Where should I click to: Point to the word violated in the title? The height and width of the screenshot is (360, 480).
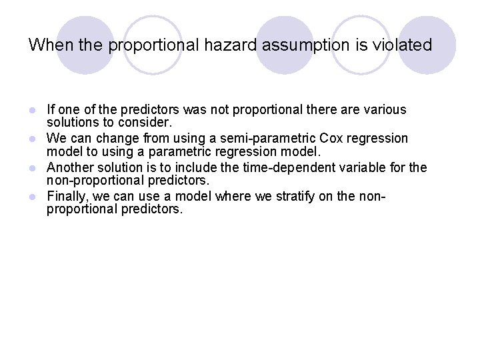click(x=403, y=45)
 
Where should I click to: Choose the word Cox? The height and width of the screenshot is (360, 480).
click(x=331, y=138)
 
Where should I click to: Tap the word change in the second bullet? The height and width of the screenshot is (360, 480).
click(x=112, y=138)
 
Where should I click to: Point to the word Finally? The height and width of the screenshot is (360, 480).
click(x=67, y=196)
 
